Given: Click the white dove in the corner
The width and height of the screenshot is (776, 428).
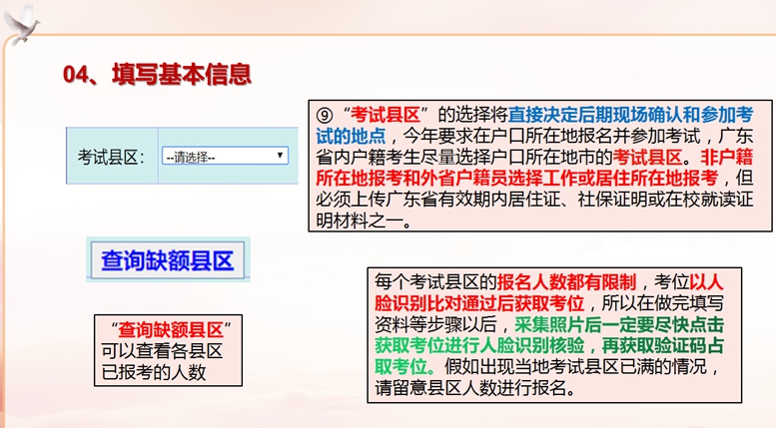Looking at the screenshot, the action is click(x=21, y=23).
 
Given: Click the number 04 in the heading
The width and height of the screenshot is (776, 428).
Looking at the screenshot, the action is click(x=76, y=75).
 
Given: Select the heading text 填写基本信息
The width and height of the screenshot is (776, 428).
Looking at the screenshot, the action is click(x=182, y=74).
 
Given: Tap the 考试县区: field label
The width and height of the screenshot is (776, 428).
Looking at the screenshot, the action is click(x=111, y=158).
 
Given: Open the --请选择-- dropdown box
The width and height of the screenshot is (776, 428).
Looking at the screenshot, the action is click(x=225, y=157).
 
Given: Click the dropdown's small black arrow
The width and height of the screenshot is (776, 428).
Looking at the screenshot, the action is click(x=280, y=156).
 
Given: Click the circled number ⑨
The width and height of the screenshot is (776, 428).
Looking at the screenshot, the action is click(x=325, y=116).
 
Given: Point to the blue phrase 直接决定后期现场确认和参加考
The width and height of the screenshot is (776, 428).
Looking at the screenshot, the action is click(x=630, y=115).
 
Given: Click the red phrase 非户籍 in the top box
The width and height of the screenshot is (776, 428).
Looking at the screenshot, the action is click(x=726, y=158).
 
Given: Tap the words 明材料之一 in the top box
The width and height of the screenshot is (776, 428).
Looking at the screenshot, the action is click(x=360, y=220).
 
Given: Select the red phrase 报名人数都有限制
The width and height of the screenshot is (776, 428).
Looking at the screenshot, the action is click(x=566, y=282).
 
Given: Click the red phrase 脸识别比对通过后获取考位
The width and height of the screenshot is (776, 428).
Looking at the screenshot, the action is click(x=479, y=303).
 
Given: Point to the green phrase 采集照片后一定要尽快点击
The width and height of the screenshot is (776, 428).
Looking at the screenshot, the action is click(x=619, y=324).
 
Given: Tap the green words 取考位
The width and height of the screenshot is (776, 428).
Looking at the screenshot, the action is click(x=400, y=366).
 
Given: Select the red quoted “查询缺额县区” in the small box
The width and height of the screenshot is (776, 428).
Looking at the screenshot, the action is click(x=171, y=329).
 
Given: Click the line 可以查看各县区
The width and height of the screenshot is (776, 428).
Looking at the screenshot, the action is click(x=163, y=351).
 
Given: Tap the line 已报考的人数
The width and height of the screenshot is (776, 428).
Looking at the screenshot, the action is click(x=154, y=373).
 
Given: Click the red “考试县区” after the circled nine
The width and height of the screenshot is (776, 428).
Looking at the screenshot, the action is click(x=386, y=115).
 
